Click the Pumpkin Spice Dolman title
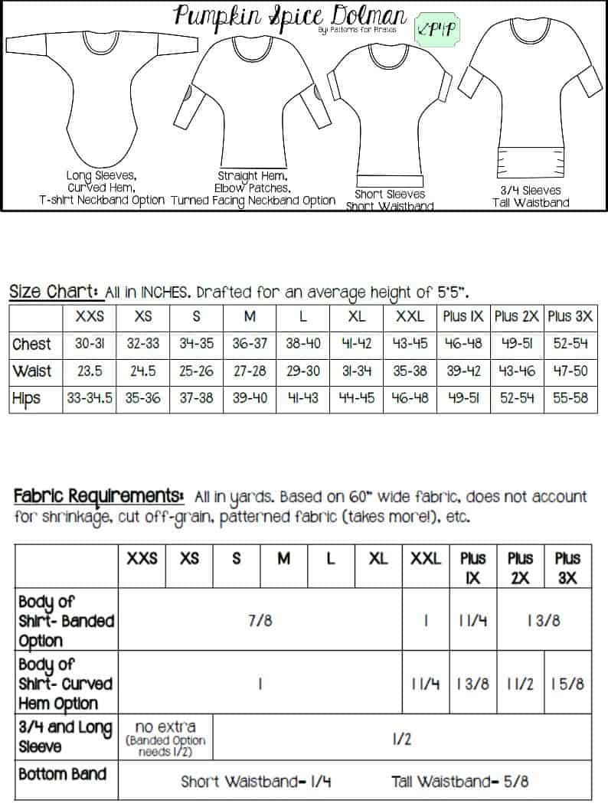pyautogui.click(x=289, y=17)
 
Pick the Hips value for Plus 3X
pyautogui.click(x=570, y=398)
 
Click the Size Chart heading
pyautogui.click(x=54, y=292)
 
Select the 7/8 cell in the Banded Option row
pyautogui.click(x=261, y=621)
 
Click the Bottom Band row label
pyautogui.click(x=64, y=774)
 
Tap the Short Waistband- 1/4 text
pyautogui.click(x=256, y=782)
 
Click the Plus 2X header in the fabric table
pyautogui.click(x=520, y=567)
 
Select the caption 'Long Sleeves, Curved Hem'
pyautogui.click(x=102, y=187)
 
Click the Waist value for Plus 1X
pyautogui.click(x=463, y=371)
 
